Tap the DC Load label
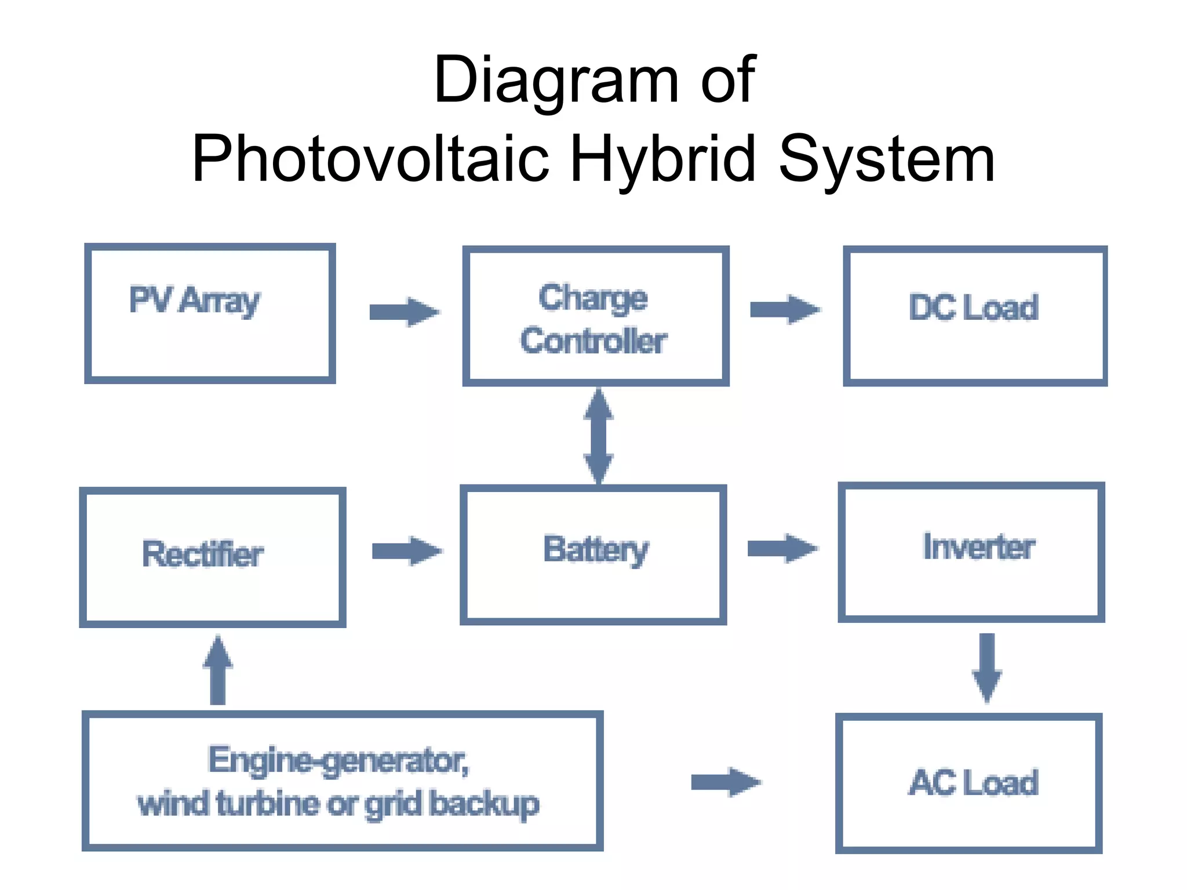[973, 308]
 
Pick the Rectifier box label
[202, 554]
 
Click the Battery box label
[596, 549]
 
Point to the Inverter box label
[978, 547]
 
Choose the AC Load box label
[973, 783]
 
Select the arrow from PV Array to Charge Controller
[404, 312]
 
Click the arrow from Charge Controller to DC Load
[784, 310]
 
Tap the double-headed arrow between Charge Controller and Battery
[598, 436]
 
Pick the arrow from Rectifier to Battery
[406, 551]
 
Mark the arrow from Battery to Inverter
[782, 548]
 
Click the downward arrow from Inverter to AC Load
[986, 667]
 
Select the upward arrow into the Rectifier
[218, 670]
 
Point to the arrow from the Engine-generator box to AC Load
[726, 783]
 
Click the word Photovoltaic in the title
[370, 158]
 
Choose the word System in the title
[887, 158]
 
